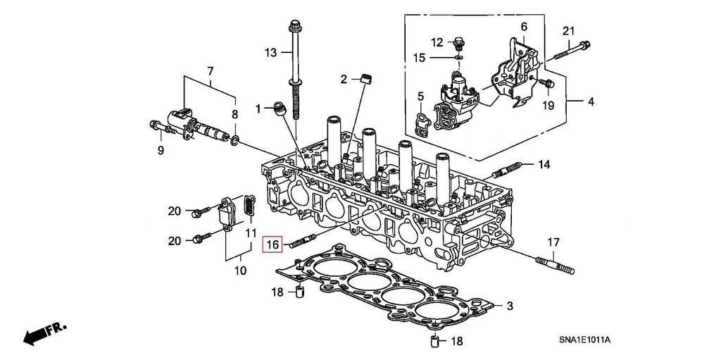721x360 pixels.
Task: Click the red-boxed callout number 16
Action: click(272, 244)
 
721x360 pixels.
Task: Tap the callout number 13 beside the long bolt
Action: click(272, 53)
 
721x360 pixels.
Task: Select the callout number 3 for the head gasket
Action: click(510, 306)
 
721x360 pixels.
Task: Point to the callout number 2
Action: click(344, 79)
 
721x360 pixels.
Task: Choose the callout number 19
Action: click(548, 106)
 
